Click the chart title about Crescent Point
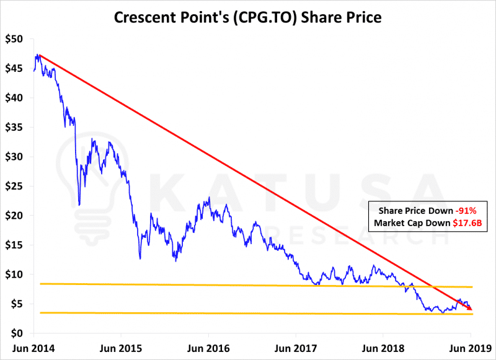[247, 17]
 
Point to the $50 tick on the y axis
[14, 39]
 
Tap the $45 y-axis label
[14, 69]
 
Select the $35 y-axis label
[14, 128]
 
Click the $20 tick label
[14, 216]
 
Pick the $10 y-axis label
[14, 274]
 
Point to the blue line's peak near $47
[38, 55]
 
